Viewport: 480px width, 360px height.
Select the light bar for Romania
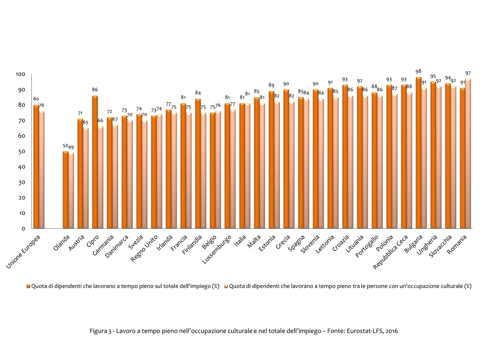(x=468, y=154)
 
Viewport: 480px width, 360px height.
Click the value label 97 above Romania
(x=468, y=73)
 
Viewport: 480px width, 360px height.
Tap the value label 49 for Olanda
(x=71, y=147)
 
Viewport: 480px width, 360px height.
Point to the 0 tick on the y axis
(x=24, y=228)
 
